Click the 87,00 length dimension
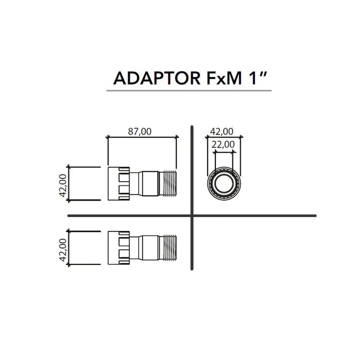point(139,131)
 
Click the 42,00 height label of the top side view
point(62,185)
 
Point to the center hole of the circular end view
point(224,184)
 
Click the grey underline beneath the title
point(189,91)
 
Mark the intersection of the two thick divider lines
point(192,215)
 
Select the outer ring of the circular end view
point(209,184)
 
